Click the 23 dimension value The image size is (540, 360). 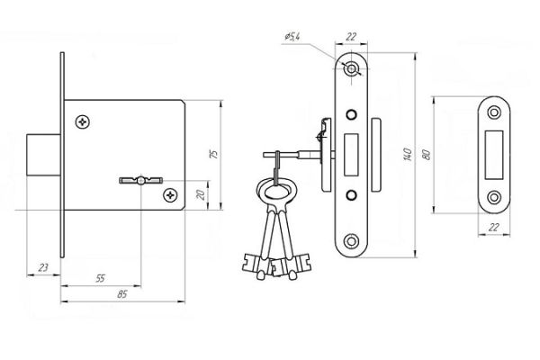pos(43,267)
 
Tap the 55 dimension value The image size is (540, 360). pos(100,278)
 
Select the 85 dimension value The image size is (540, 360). pos(122,294)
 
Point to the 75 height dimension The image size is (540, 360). pos(214,154)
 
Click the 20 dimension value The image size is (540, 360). pos(201,195)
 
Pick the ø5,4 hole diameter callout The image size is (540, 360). pos(292,36)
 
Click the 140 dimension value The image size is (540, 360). pos(408,154)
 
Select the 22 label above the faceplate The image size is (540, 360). pos(351,36)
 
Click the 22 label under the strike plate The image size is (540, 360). pos(494,227)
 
